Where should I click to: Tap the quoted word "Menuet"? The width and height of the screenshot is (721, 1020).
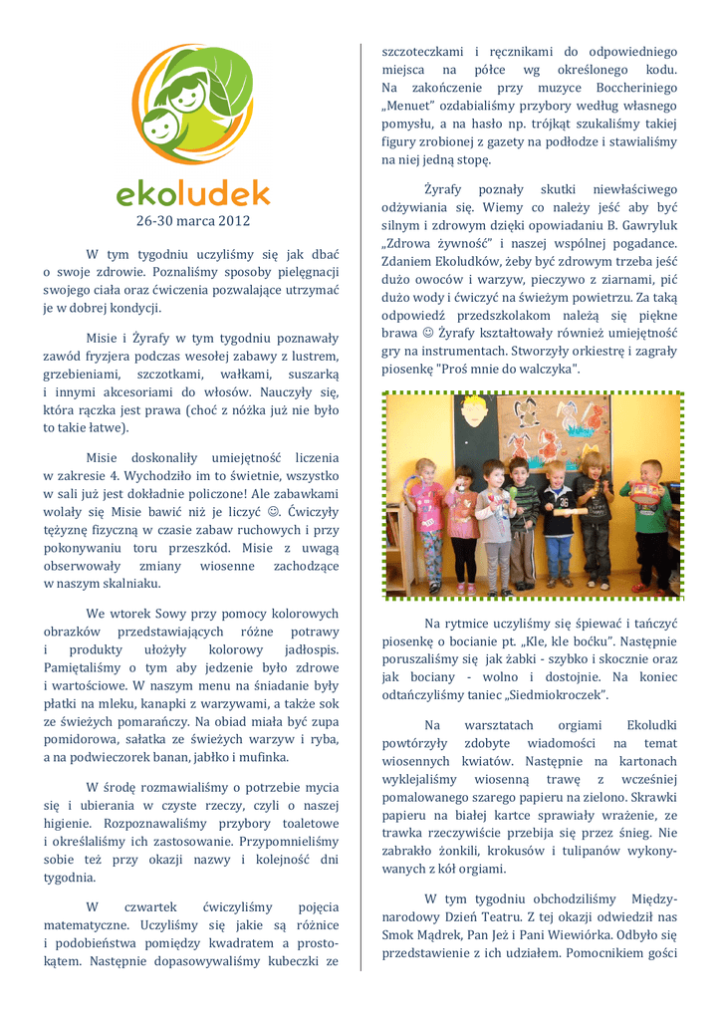coord(409,106)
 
